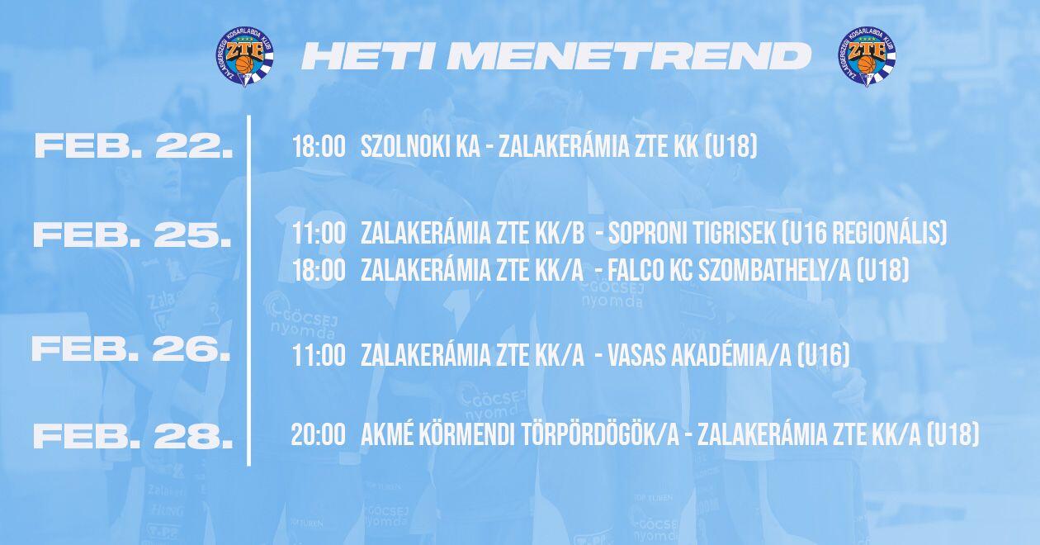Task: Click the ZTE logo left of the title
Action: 244,57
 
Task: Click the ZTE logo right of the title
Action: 867,57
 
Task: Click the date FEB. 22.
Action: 134,146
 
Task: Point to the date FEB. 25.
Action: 133,235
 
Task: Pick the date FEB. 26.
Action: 131,349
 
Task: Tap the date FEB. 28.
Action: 133,436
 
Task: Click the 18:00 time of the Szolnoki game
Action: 319,147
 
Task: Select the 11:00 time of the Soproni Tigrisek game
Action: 319,233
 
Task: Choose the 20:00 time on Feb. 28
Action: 319,435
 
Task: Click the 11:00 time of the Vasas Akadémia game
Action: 319,356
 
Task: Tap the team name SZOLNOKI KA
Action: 421,147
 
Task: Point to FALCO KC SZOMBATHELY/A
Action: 730,270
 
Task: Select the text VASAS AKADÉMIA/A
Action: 700,356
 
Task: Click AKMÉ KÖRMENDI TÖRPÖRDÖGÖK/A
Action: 520,435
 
